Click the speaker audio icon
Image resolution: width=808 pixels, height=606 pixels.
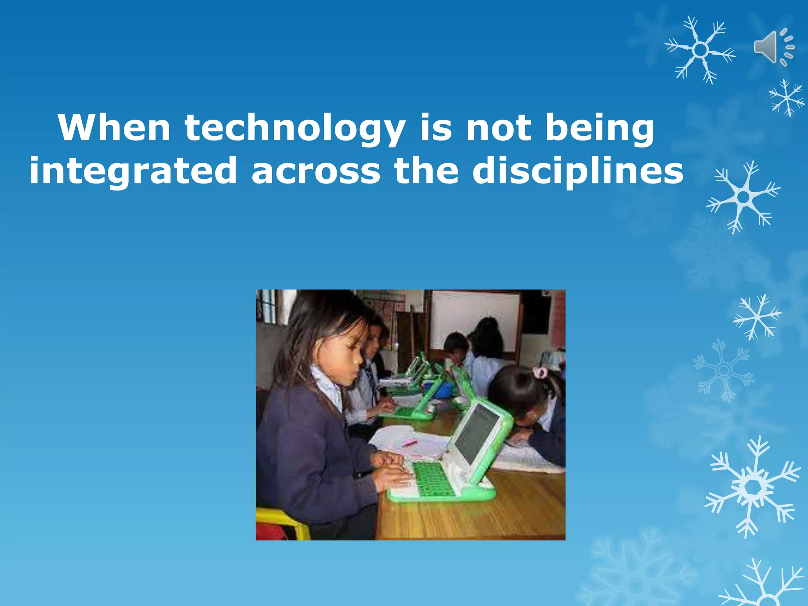[774, 47]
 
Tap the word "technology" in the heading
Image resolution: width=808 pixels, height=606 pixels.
[295, 129]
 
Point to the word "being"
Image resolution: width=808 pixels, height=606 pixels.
[599, 129]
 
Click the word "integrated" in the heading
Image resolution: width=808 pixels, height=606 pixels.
[133, 170]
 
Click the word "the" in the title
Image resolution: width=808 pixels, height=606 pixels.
[426, 170]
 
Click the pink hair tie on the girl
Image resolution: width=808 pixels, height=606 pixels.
[540, 372]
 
